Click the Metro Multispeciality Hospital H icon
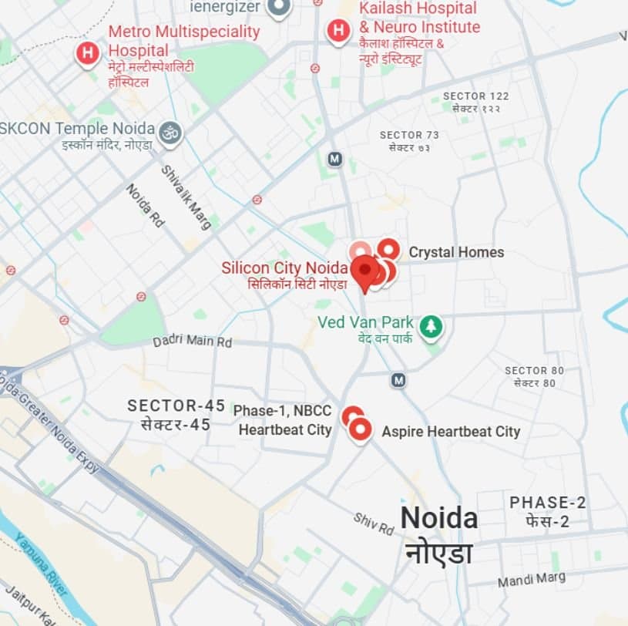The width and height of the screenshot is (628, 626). pyautogui.click(x=89, y=53)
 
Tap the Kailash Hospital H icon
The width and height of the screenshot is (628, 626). pyautogui.click(x=338, y=31)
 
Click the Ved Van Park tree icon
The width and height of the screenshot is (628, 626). pyautogui.click(x=432, y=326)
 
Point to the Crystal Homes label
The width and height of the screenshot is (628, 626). pyautogui.click(x=456, y=252)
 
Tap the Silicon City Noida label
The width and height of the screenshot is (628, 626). pyautogui.click(x=284, y=268)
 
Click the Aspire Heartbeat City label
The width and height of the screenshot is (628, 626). pyautogui.click(x=451, y=432)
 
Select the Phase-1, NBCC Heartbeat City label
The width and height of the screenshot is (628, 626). pyautogui.click(x=283, y=420)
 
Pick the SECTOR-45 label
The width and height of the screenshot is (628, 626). pyautogui.click(x=169, y=406)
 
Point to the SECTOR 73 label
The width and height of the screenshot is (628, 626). pyautogui.click(x=411, y=135)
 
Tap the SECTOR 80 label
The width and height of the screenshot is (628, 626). pyautogui.click(x=535, y=371)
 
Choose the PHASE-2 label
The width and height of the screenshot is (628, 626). pyautogui.click(x=548, y=503)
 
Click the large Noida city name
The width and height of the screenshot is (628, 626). pyautogui.click(x=439, y=518)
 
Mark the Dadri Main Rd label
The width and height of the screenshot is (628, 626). pyautogui.click(x=192, y=340)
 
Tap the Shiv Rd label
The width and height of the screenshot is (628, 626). pyautogui.click(x=374, y=524)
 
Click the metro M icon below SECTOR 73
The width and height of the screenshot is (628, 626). pyautogui.click(x=334, y=159)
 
